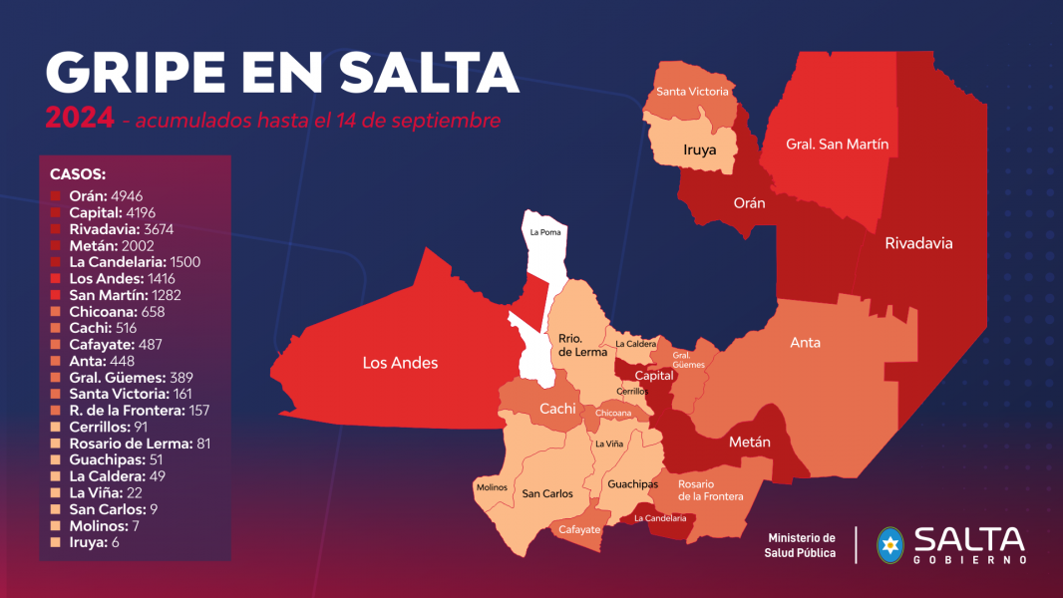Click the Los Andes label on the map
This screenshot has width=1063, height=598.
pos(399,363)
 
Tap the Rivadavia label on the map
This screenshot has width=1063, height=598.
pos(918,243)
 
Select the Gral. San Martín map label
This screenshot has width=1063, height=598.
pos(837,145)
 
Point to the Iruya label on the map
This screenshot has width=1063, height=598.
pos(700,150)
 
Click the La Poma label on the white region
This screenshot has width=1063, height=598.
pos(544,232)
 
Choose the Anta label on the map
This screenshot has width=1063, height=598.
pos(805,343)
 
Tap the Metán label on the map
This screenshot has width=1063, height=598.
pos(749,442)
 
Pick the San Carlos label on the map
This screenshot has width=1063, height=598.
pos(547,493)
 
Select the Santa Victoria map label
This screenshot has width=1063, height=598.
pos(692,92)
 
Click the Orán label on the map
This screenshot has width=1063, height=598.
pos(749,203)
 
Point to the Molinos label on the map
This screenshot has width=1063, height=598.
pos(492,487)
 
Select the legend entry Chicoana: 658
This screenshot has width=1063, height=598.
pos(117,312)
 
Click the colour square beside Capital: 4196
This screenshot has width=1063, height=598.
pos(56,213)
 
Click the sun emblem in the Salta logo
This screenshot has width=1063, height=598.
pos(890,545)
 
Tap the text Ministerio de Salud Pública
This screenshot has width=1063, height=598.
pos(800,545)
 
